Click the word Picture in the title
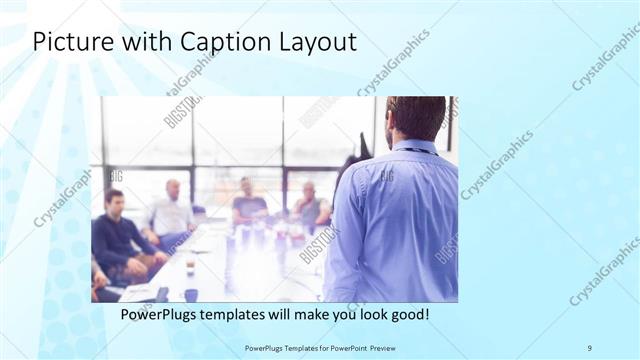tap(71, 42)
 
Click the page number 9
tap(589, 347)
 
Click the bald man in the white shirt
tap(172, 210)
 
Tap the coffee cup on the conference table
tap(189, 267)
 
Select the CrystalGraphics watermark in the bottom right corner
tap(604, 270)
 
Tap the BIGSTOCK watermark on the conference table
tap(319, 245)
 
